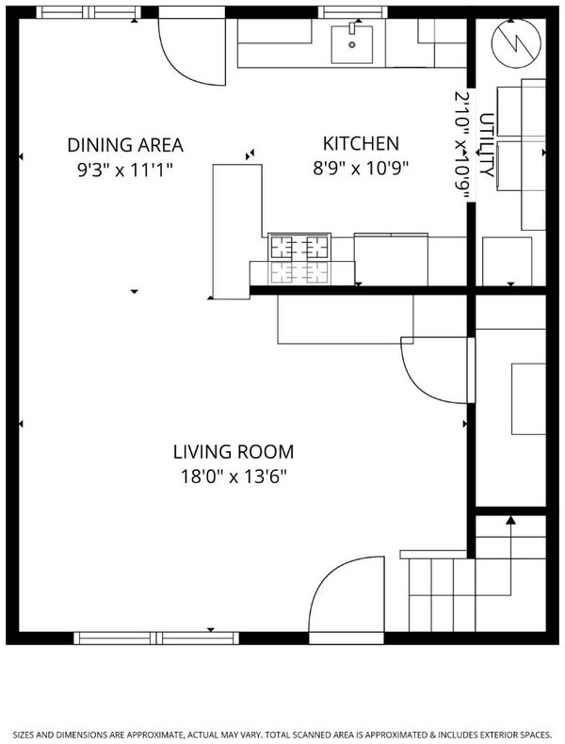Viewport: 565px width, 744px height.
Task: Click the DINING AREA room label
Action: (125, 145)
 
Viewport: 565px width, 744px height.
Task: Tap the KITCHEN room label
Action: (361, 143)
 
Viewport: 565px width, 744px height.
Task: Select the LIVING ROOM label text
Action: (234, 452)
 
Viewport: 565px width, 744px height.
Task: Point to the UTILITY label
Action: (487, 145)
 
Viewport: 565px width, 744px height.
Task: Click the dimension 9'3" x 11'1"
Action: (125, 170)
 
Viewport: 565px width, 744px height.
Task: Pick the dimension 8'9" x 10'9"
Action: (361, 168)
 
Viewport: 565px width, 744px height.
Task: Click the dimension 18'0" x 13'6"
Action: (234, 476)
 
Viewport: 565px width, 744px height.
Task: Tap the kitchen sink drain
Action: (352, 44)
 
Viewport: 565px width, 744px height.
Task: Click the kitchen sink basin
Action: (352, 44)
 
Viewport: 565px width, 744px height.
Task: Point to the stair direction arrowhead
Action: (510, 520)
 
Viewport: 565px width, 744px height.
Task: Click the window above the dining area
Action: (89, 12)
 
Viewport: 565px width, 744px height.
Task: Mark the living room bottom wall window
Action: (156, 639)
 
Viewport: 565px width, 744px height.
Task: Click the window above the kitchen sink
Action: (352, 12)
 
